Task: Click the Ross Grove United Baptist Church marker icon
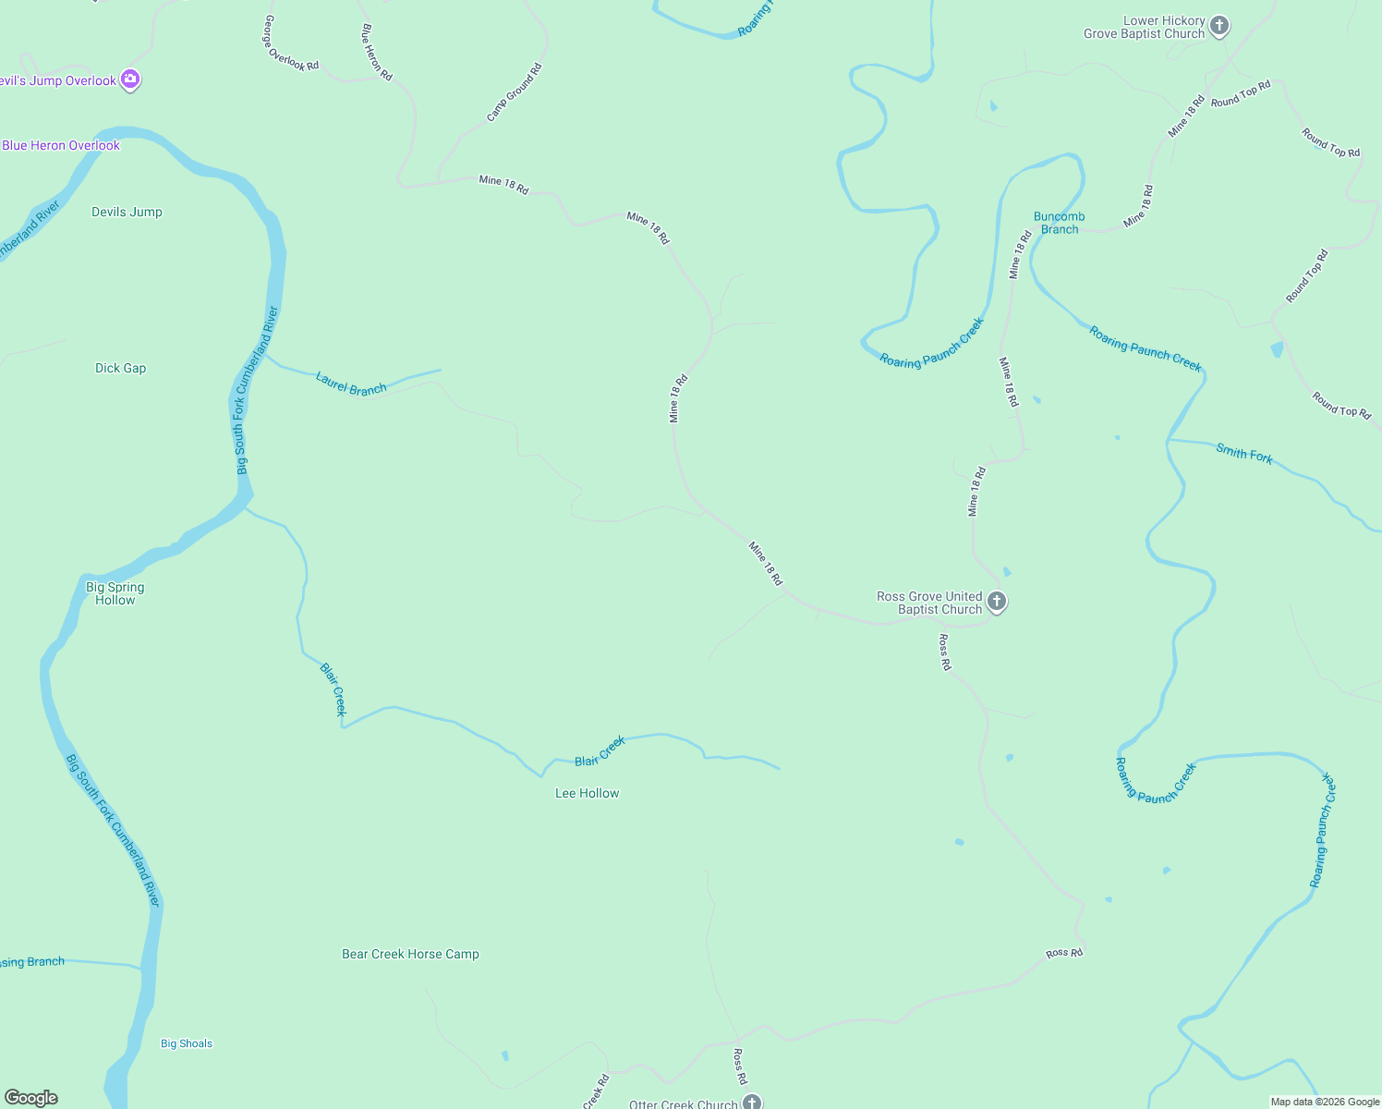click(x=996, y=602)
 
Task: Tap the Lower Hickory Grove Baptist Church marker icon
click(x=1219, y=26)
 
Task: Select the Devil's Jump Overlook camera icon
click(x=130, y=80)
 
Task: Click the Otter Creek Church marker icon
click(x=752, y=1102)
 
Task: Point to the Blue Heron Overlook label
click(x=61, y=145)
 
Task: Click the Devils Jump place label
click(x=127, y=212)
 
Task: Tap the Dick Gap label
click(x=120, y=368)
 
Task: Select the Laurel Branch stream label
click(x=351, y=384)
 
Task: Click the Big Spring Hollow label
click(x=115, y=593)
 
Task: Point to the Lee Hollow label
click(x=587, y=793)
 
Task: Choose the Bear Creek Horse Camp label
click(x=410, y=954)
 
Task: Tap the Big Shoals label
click(x=187, y=1043)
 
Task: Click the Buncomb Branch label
click(x=1059, y=223)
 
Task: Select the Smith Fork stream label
click(x=1244, y=453)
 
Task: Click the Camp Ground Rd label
click(x=515, y=92)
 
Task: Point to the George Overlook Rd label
click(x=291, y=43)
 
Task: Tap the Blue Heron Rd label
click(x=377, y=53)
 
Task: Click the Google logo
click(x=31, y=1098)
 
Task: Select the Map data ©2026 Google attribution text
click(x=1325, y=1102)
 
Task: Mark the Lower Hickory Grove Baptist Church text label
click(x=1145, y=27)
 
